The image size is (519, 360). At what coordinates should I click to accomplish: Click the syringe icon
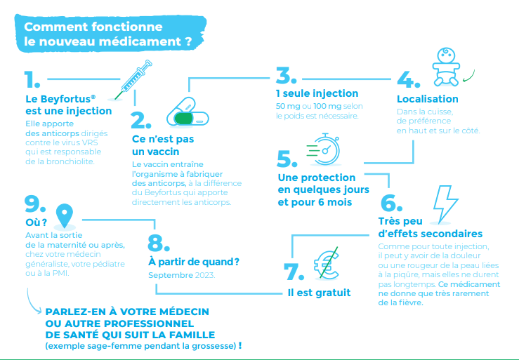(133, 80)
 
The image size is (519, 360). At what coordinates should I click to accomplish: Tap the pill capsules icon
(188, 112)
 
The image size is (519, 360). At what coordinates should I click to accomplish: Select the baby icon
(446, 67)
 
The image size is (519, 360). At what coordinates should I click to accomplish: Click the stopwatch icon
(324, 149)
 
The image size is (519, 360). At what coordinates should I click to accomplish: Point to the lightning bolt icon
(445, 204)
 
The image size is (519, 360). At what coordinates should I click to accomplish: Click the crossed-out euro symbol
(327, 262)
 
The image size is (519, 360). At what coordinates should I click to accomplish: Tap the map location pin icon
(65, 216)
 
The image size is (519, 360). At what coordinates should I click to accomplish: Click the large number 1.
(32, 80)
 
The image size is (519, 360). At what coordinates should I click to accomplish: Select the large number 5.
(287, 159)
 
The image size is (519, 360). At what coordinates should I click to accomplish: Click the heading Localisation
(428, 99)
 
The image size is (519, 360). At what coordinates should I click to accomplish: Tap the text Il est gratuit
(319, 293)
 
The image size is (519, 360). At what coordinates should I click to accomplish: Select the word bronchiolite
(70, 162)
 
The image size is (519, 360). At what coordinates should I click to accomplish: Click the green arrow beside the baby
(468, 76)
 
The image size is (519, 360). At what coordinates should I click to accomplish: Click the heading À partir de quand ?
(194, 262)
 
